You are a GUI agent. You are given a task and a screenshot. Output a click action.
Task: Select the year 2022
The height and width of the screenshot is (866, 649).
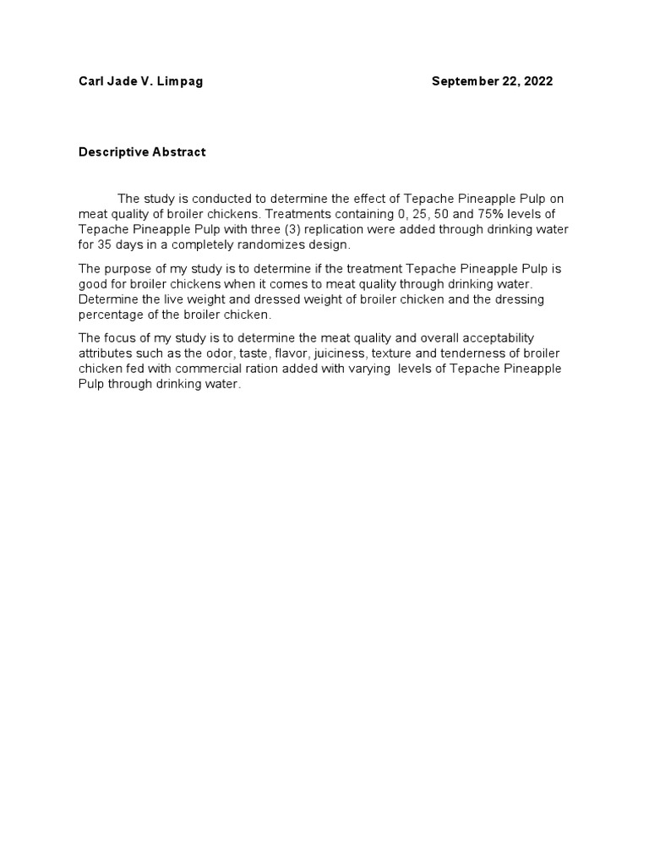coord(537,81)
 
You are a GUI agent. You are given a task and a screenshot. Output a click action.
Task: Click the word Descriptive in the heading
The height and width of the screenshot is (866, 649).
coord(112,152)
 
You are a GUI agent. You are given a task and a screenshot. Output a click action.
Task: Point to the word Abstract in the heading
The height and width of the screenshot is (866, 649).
coord(177,152)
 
